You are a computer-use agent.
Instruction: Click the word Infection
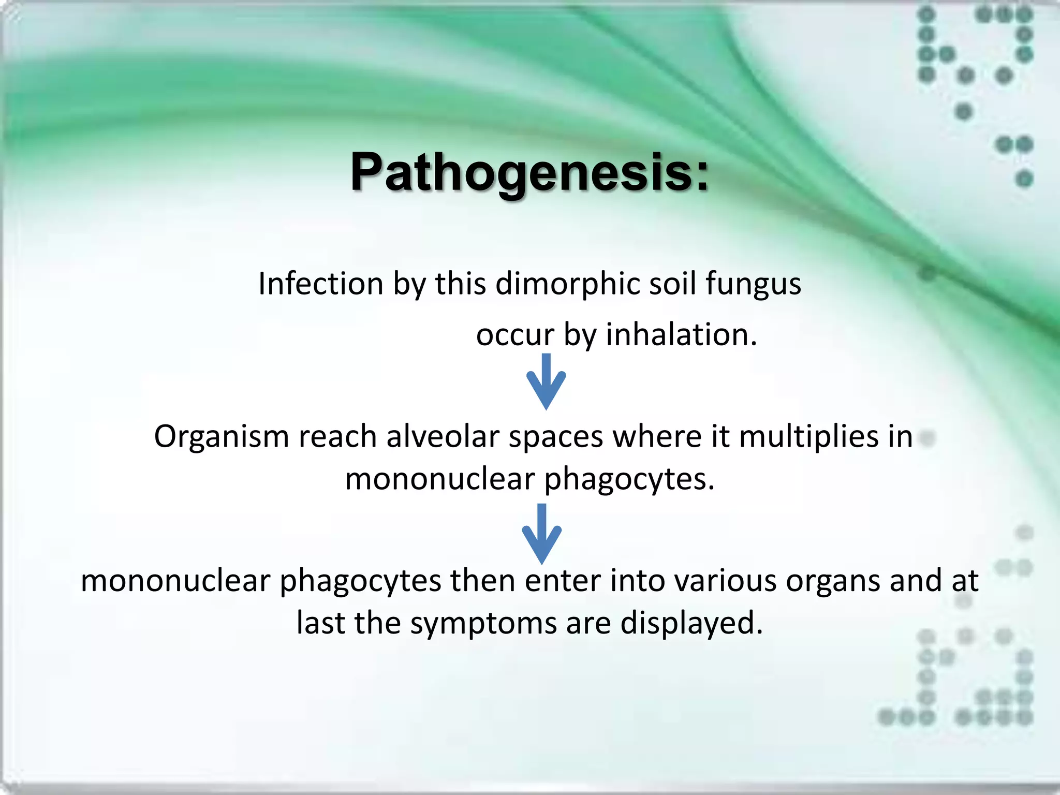(x=320, y=284)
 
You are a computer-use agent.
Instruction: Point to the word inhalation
(x=681, y=334)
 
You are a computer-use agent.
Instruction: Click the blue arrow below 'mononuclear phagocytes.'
(x=541, y=534)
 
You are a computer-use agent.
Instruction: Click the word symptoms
(x=483, y=624)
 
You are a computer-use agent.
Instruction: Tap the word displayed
(x=691, y=624)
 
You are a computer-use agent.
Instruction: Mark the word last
(x=320, y=623)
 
